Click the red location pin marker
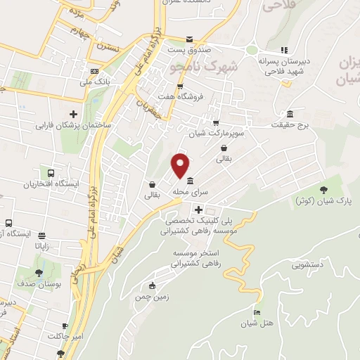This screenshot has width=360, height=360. coord(181,165)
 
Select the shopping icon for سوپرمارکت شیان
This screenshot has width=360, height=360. coord(216,120)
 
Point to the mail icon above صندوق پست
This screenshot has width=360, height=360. coord(188,39)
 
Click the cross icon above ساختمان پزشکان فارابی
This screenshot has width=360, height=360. coord(73,114)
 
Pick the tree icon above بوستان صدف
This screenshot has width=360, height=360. coord(39,274)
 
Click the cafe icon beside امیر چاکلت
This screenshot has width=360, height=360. coord(65,326)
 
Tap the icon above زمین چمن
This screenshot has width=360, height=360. coord(152,285)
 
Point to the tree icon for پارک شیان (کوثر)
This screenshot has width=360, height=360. coord(323,189)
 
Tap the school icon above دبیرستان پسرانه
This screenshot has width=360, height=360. coord(285,50)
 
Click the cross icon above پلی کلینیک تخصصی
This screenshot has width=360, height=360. coord(199,209)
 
